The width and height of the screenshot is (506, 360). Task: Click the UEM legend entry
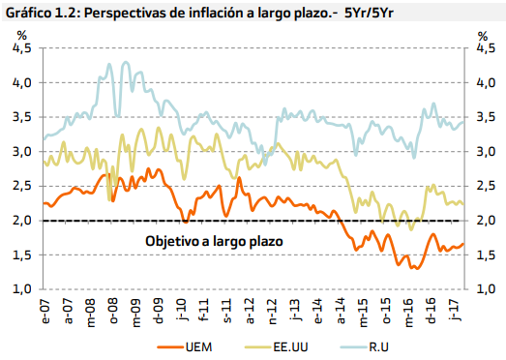point(185,347)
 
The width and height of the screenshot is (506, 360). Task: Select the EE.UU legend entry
point(277,347)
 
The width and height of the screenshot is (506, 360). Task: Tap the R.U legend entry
point(365,347)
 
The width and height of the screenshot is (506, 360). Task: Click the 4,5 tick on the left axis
point(22,48)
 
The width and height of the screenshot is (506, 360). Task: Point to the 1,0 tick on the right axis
point(486,289)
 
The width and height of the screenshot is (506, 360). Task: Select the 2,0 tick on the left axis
point(22,221)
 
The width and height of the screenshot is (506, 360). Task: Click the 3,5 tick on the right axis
point(486,117)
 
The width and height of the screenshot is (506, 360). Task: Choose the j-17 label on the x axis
point(455,311)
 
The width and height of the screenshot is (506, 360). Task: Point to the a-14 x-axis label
point(342,311)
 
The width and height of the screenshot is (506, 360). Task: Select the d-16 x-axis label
point(432,311)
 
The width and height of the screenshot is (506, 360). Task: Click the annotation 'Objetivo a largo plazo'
point(214,241)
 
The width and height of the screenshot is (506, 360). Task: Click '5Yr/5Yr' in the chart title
point(370,13)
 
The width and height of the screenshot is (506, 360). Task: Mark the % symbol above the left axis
point(21,35)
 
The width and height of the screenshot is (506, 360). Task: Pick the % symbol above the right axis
point(483,36)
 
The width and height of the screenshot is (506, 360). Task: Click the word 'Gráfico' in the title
point(28,13)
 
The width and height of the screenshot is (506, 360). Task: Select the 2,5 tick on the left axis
point(22,186)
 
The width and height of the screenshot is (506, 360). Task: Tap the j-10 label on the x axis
point(181,311)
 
